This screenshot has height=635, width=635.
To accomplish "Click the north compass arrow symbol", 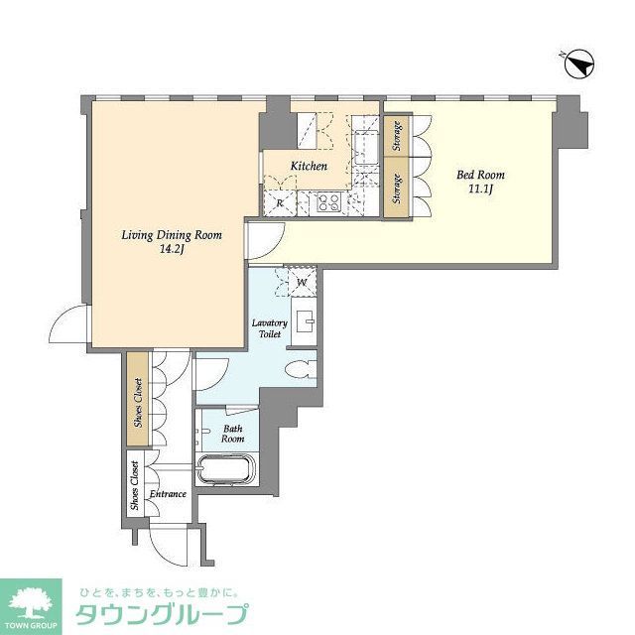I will coord(577,66).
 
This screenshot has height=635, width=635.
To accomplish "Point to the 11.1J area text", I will coord(477,190).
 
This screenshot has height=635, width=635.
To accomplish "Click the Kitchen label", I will coord(309,166).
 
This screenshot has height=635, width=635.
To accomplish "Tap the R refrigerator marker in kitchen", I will coord(281,203).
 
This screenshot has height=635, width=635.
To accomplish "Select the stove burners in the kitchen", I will coord(328,203).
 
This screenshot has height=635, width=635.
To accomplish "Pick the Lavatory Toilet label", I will coord(269,328).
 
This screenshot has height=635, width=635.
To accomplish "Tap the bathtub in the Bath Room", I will coord(227,468).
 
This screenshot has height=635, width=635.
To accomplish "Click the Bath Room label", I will coord(232,433).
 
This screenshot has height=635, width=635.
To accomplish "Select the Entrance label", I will coord(168,493).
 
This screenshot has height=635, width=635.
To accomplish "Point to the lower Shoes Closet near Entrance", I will coord(134,483).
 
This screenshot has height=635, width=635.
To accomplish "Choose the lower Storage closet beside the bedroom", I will coord(397,189).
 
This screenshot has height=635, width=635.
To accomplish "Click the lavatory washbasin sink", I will coord(307,321).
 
